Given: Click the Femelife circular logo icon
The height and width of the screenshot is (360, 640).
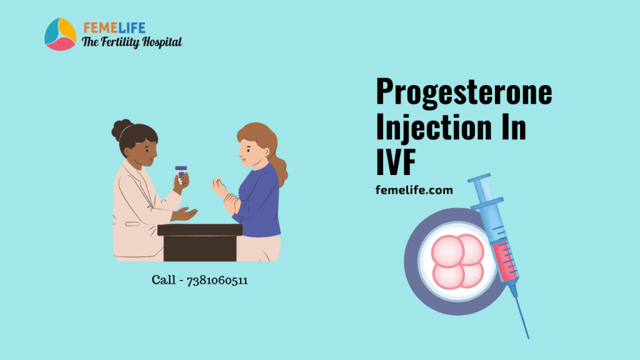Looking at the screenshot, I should pos(60,34).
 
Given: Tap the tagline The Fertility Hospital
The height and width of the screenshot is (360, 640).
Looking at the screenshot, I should pos(132,42).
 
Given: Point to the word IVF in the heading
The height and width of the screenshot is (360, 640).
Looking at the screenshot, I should pos(396,162).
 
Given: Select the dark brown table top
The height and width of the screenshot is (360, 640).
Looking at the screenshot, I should pos(199,230).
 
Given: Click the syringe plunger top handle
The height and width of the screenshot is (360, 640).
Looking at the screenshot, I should pos(479,181).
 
